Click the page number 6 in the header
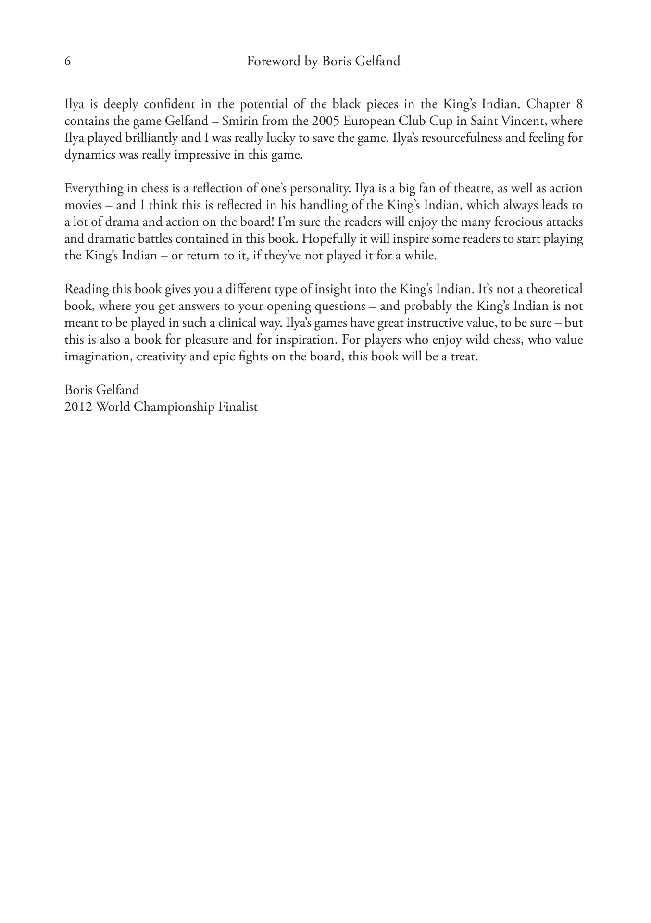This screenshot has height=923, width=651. click(x=68, y=62)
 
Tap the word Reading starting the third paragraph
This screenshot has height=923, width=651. click(x=86, y=289)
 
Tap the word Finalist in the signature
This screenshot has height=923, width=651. click(x=238, y=407)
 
